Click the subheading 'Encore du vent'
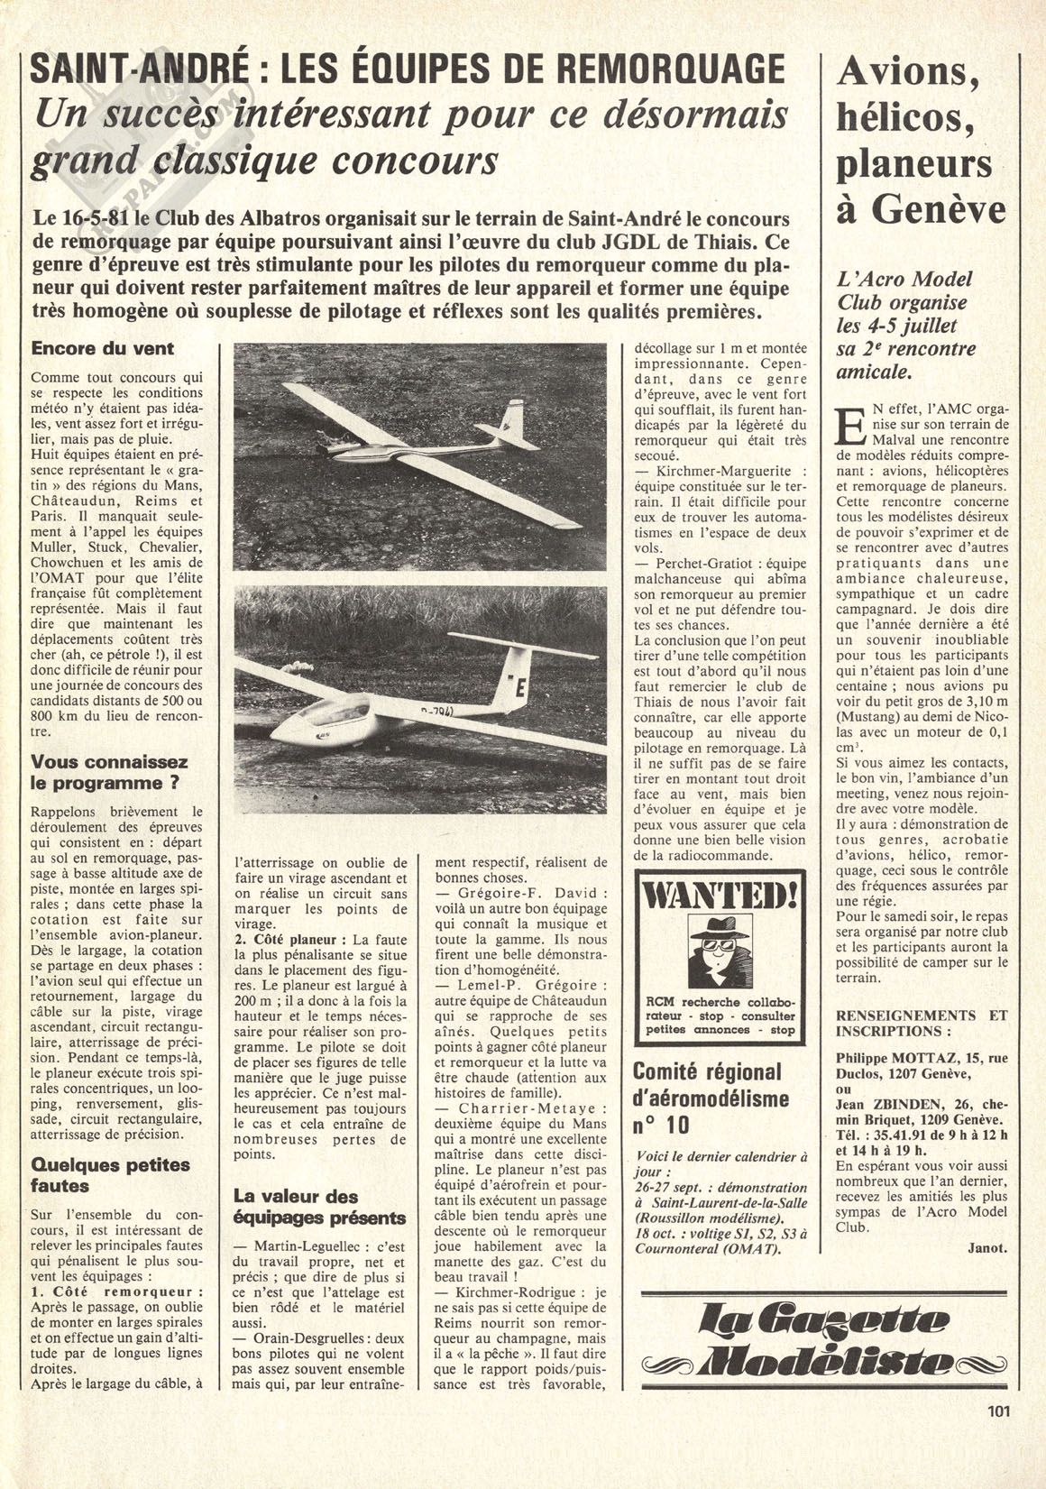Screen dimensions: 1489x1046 (x=103, y=348)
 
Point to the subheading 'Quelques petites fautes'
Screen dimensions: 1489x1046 (x=111, y=1174)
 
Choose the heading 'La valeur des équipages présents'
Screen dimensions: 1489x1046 (x=319, y=1207)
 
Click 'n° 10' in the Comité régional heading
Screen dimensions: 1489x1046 (x=661, y=1124)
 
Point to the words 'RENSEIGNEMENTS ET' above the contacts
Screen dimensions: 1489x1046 (x=921, y=1015)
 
